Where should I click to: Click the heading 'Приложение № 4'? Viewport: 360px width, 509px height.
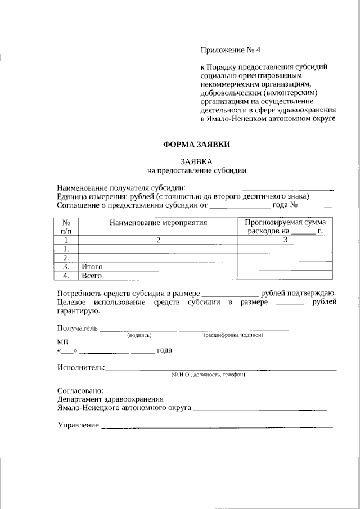click(231, 49)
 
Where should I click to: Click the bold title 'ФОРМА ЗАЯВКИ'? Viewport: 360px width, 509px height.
click(196, 144)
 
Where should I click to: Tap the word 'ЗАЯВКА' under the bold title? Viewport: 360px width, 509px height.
click(197, 160)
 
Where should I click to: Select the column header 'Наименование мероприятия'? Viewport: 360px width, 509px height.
click(159, 223)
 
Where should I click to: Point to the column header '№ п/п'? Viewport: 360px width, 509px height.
click(66, 227)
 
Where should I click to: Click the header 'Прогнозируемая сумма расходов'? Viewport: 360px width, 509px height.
click(285, 227)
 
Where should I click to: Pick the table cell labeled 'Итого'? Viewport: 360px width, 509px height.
click(92, 266)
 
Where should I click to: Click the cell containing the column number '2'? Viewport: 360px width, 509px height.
click(159, 240)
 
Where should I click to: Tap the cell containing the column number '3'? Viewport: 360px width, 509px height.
click(285, 240)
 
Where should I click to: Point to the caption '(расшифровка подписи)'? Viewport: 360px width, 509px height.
click(233, 335)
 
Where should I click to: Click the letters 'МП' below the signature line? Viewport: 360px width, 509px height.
click(62, 342)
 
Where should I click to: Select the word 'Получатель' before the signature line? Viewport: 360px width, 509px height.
click(78, 328)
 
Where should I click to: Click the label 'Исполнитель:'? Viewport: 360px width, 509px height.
click(81, 368)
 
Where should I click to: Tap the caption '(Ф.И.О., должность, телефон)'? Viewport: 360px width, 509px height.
click(208, 375)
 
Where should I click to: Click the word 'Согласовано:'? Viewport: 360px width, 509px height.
click(80, 390)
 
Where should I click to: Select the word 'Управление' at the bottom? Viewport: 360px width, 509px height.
click(78, 425)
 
